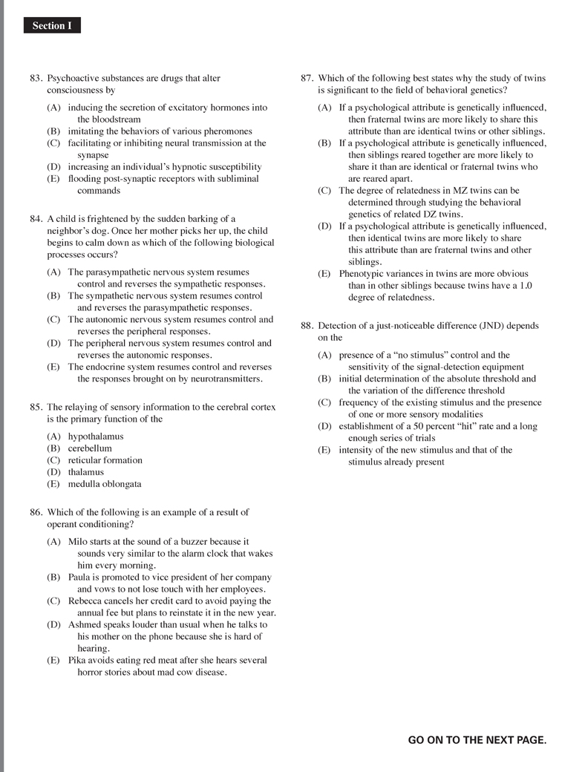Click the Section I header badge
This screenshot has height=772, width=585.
click(x=51, y=26)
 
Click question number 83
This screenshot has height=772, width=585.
click(x=36, y=78)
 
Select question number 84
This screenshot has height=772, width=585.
click(x=36, y=219)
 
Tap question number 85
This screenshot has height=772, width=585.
click(x=36, y=407)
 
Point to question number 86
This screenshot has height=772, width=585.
click(x=36, y=512)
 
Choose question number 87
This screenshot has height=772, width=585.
click(x=307, y=78)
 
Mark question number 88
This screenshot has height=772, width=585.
click(x=307, y=325)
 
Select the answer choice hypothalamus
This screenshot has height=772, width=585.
click(x=96, y=436)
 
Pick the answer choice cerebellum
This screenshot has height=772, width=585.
click(x=90, y=448)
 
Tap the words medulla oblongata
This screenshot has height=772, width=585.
click(x=105, y=484)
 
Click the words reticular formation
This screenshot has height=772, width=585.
click(x=105, y=460)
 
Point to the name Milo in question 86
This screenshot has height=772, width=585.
click(x=79, y=542)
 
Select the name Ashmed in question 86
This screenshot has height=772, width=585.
click(x=85, y=625)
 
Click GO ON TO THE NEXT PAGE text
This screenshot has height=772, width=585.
click(x=477, y=740)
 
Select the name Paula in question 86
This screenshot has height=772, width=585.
click(x=80, y=578)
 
